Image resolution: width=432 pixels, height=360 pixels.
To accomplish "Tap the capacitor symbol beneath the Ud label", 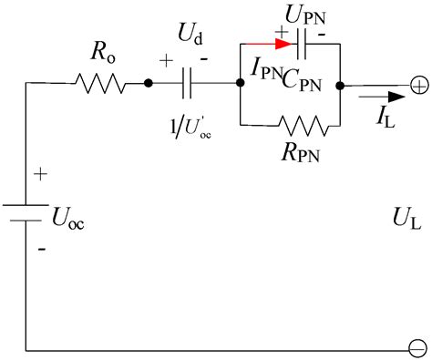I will tap(188, 85).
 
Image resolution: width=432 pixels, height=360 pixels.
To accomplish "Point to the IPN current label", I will tap(264, 66).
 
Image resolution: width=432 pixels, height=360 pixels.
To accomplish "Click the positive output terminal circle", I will tap(417, 85).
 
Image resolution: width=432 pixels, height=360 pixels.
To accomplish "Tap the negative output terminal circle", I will tap(417, 348).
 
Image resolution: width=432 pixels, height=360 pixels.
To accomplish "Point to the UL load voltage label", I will tap(406, 219).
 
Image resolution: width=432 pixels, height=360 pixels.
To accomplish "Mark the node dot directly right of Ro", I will tap(148, 85).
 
